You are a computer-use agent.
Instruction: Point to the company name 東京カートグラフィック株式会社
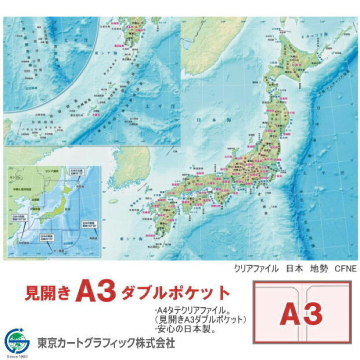(106, 343)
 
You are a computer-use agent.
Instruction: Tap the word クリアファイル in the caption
(256, 268)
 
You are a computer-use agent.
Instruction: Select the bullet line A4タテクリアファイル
(193, 310)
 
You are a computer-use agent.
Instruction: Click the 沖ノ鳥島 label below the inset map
(53, 250)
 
